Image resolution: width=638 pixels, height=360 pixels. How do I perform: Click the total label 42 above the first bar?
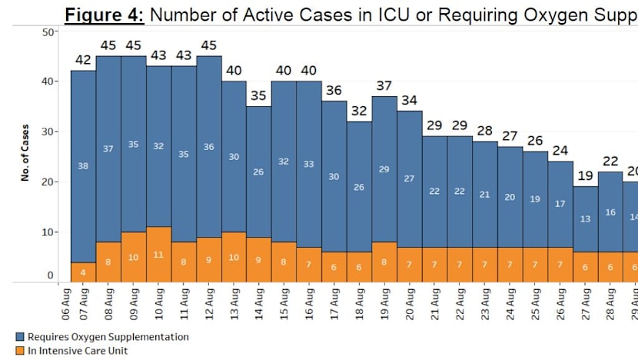[83, 61]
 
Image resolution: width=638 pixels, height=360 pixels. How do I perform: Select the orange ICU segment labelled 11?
[158, 254]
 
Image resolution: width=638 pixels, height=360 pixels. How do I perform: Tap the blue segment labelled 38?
[83, 166]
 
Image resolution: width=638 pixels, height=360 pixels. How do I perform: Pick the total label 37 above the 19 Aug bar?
[384, 86]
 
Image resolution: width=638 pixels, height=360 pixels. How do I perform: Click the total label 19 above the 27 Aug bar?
[585, 176]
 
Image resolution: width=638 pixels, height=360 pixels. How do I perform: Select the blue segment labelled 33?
[308, 163]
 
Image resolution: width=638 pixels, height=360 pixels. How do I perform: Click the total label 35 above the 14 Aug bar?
[258, 96]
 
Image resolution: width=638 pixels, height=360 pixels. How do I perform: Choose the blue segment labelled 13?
[585, 219]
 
